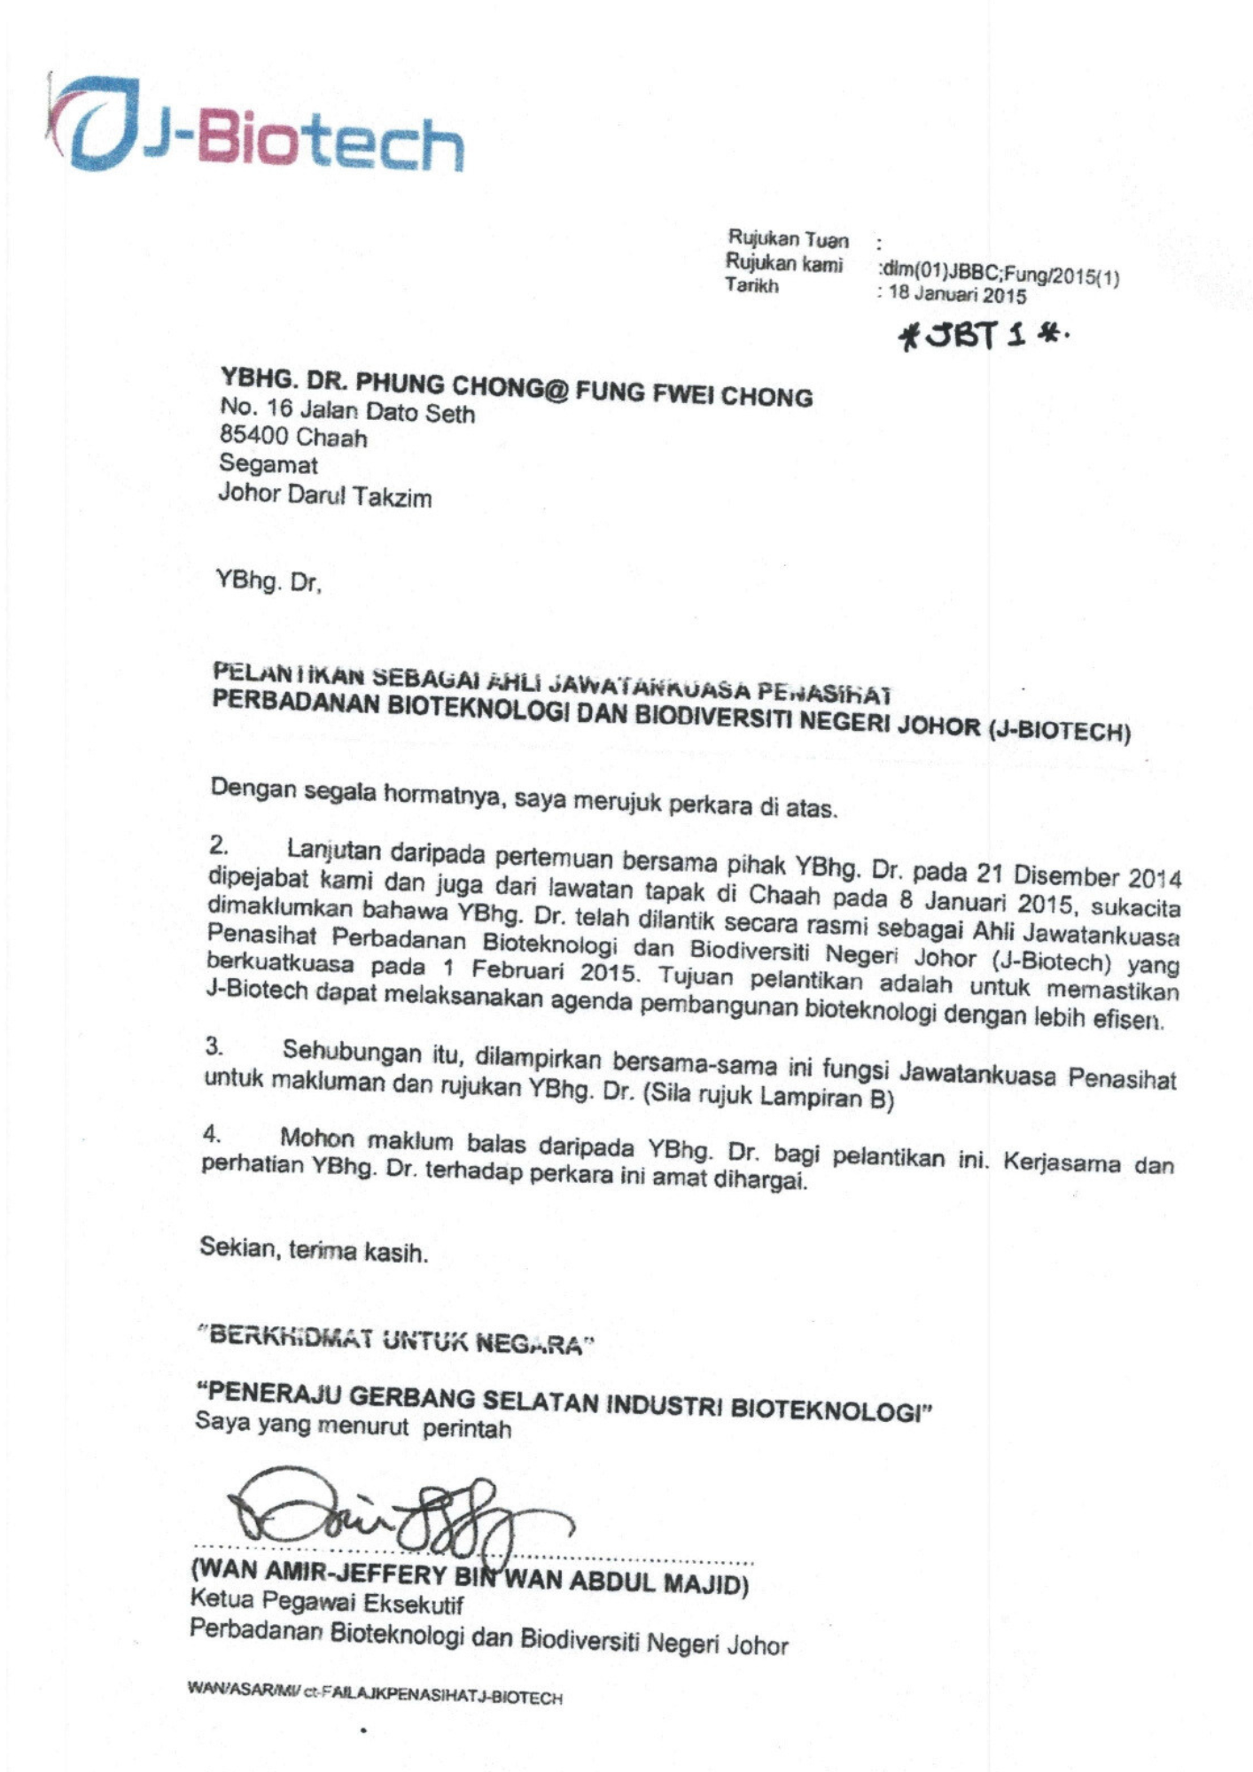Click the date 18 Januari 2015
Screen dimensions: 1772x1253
point(957,294)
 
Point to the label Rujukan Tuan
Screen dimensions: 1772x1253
point(788,239)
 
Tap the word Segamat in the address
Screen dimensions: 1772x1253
point(268,464)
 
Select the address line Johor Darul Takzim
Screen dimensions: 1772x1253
point(325,495)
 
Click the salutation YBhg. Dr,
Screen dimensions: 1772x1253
point(268,582)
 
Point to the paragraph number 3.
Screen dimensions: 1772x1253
point(214,1047)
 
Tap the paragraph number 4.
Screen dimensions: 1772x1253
point(211,1133)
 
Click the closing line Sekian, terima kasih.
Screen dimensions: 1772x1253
point(314,1251)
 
